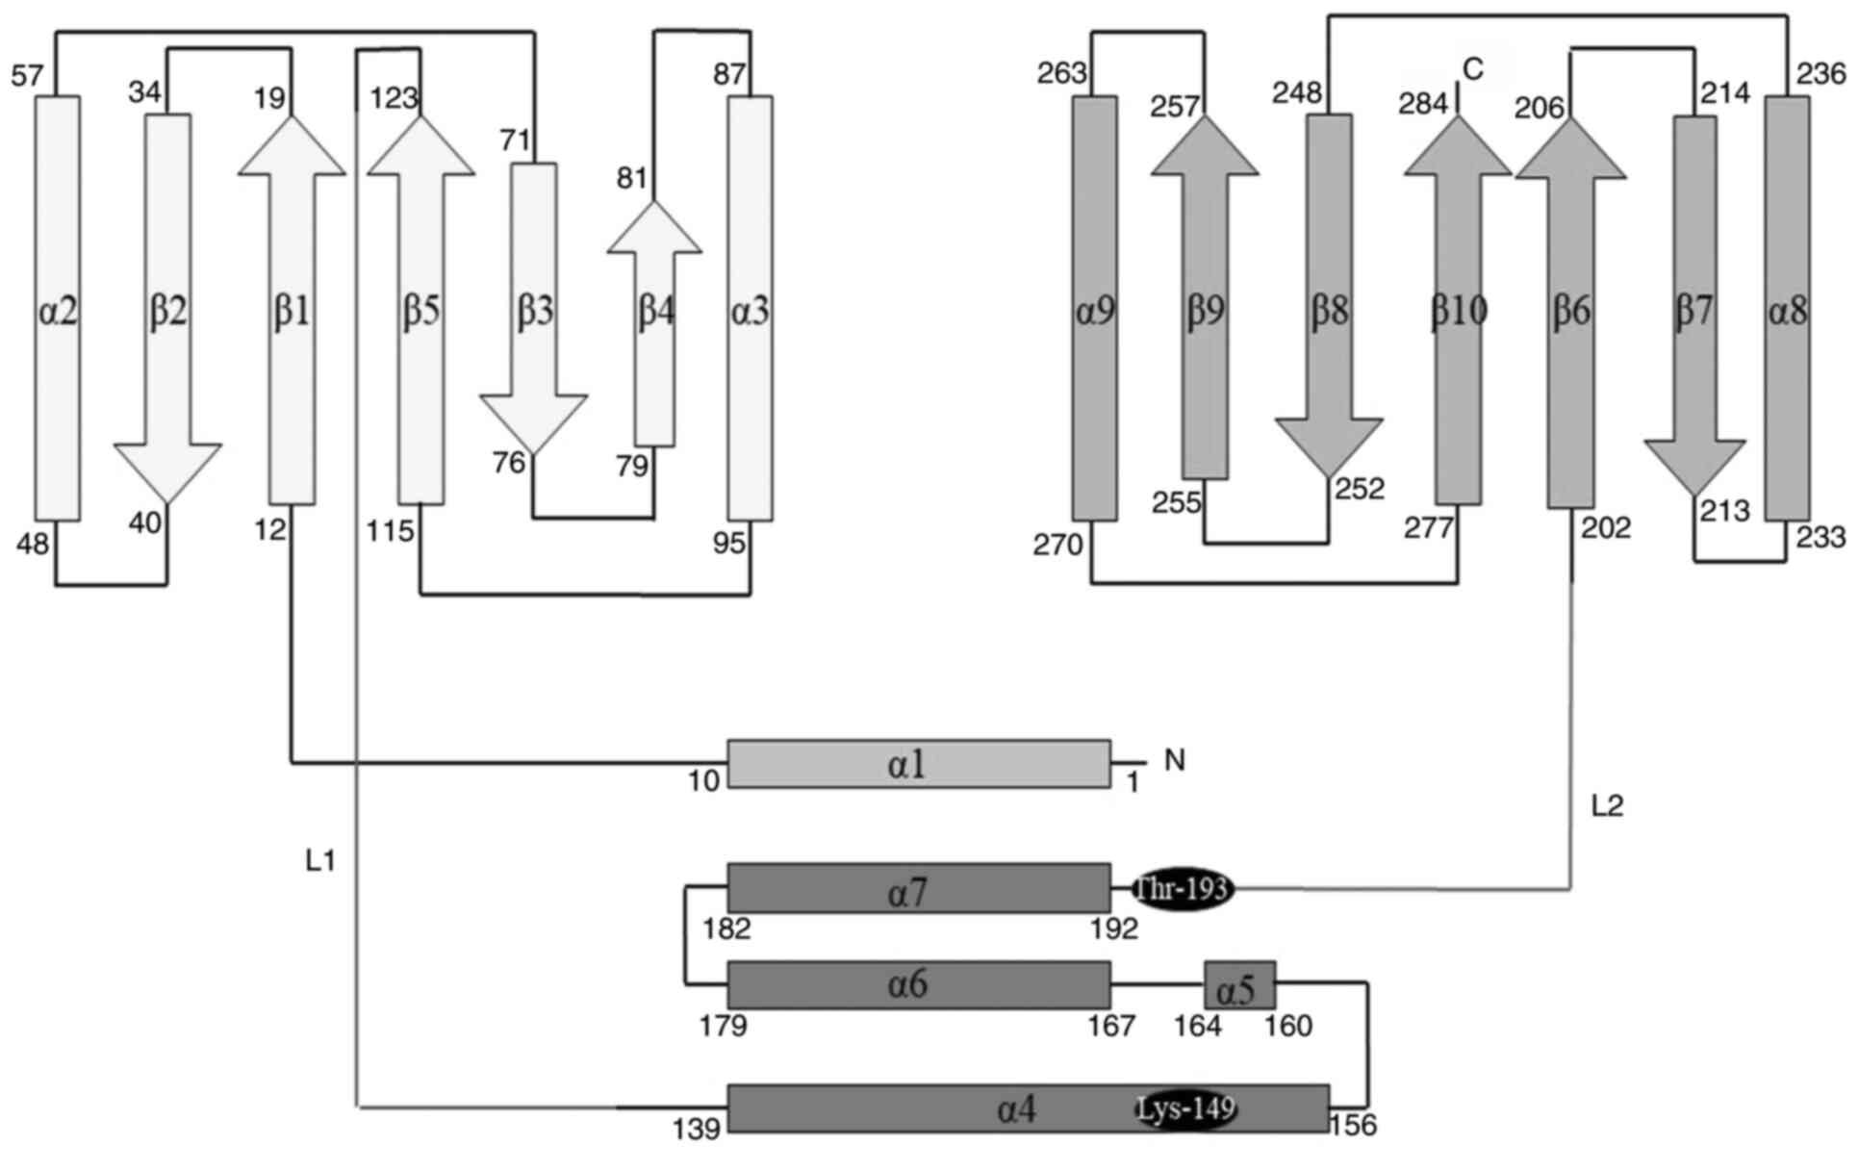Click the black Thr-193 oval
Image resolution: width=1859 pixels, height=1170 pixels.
click(x=1183, y=888)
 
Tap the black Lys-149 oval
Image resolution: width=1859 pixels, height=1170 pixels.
click(x=1185, y=1109)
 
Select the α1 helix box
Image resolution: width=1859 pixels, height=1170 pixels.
click(x=919, y=764)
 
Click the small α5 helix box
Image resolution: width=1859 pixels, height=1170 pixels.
click(x=1240, y=985)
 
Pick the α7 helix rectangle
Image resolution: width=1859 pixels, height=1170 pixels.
click(x=919, y=888)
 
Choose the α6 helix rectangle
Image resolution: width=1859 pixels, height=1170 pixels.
click(x=919, y=985)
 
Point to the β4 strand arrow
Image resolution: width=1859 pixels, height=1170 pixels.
click(x=654, y=324)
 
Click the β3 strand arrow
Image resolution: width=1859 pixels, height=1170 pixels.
click(x=533, y=309)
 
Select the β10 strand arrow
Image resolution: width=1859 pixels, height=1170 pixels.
click(x=1458, y=309)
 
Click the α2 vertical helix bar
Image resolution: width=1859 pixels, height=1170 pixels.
click(x=58, y=308)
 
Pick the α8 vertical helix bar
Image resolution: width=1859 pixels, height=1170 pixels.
click(x=1787, y=308)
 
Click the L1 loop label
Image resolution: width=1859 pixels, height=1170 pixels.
click(x=320, y=861)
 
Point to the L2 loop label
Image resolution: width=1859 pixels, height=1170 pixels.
click(x=1607, y=806)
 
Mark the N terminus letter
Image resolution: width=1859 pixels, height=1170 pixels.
click(x=1174, y=761)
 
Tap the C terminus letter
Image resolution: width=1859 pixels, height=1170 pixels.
click(x=1473, y=69)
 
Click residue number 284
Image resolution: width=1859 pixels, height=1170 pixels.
click(x=1424, y=102)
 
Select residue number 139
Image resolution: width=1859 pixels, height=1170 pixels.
click(x=697, y=1129)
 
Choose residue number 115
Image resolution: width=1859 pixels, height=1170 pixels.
click(x=390, y=531)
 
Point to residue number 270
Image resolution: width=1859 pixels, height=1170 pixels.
click(x=1058, y=547)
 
